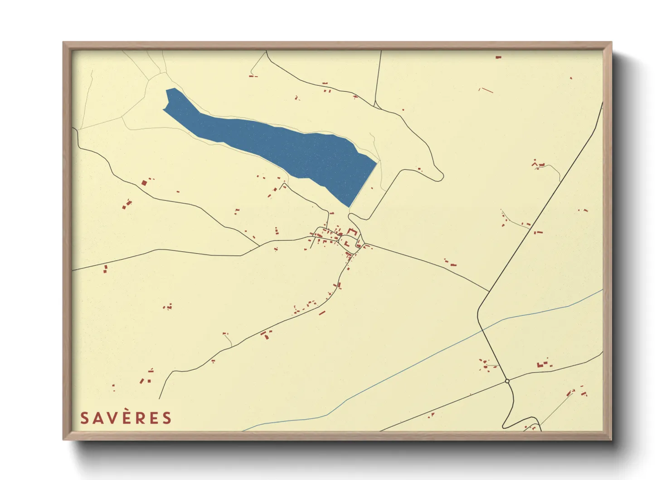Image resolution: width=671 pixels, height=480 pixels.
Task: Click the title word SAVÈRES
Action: [126, 418]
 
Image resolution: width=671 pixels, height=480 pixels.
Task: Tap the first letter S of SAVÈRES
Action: [84, 418]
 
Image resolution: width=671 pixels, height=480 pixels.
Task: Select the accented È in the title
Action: [126, 418]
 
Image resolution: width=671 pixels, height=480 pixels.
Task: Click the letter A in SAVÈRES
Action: [97, 418]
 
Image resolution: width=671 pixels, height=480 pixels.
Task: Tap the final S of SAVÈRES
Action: [167, 418]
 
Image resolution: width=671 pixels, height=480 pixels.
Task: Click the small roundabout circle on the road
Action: [507, 381]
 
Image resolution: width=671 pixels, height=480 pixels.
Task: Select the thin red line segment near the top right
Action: [486, 90]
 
